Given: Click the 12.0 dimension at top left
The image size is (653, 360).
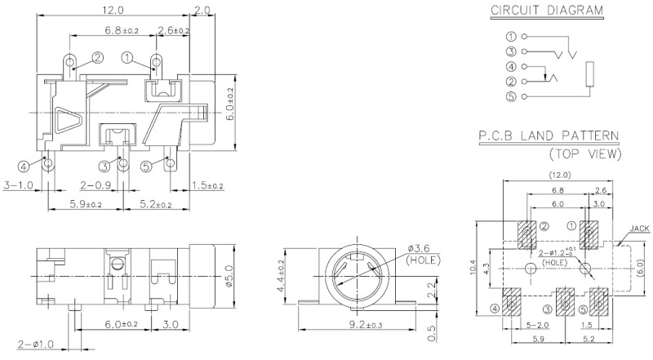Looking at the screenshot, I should point(113,11).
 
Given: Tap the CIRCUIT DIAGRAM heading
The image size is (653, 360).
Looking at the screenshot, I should point(547,11).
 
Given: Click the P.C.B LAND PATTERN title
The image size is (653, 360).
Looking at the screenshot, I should point(548,136).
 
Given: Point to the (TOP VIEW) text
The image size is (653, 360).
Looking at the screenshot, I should point(584,153).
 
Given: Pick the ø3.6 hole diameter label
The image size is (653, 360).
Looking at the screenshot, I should point(418,248).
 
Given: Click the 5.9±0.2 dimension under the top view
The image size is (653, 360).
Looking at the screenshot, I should point(85,202).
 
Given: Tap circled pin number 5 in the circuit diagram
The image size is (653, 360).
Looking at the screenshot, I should point(511,97).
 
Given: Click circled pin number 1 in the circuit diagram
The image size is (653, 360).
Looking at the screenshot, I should point(511,37).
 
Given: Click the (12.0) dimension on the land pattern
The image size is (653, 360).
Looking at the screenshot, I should point(561,176).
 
